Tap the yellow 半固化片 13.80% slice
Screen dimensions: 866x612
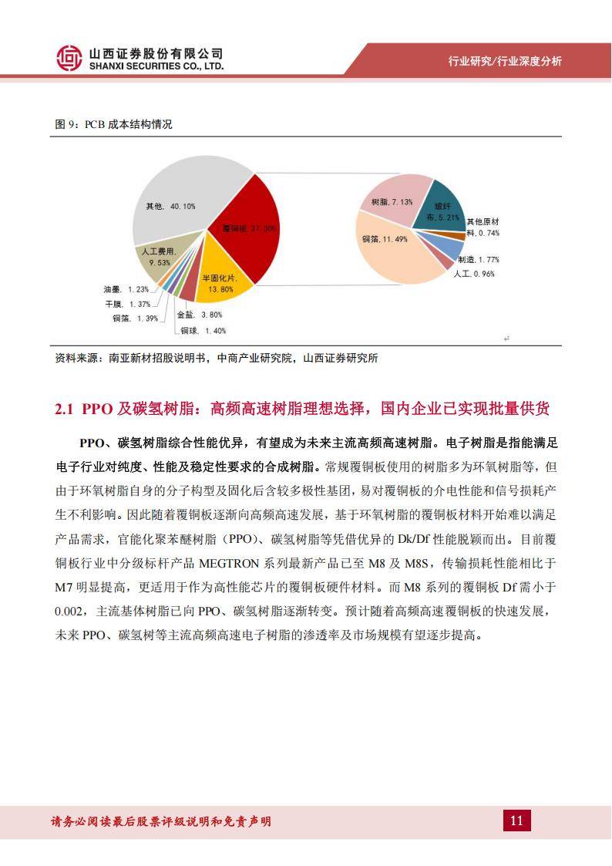coord(224,281)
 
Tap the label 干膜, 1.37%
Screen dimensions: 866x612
coord(126,304)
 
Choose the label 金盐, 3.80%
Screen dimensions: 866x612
coord(200,315)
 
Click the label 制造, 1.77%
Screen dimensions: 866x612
coord(478,260)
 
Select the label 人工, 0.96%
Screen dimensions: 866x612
coord(473,274)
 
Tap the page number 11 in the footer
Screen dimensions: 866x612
coord(516,821)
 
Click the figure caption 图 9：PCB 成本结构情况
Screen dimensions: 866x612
coord(113,125)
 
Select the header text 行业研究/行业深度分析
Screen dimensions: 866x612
coord(505,62)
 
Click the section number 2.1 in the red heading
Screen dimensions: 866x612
coord(64,409)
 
